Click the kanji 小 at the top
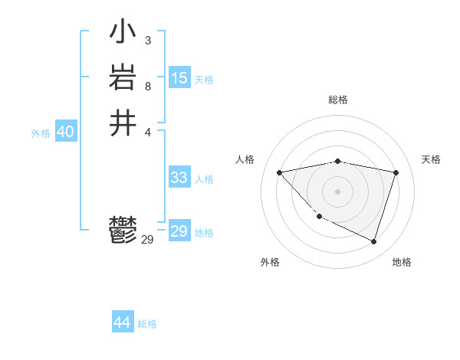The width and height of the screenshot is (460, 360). click(x=123, y=33)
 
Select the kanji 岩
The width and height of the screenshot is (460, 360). click(x=123, y=78)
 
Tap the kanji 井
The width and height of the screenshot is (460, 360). click(x=123, y=123)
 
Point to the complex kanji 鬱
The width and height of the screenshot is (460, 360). click(x=123, y=231)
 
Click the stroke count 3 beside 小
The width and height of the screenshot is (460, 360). click(x=147, y=41)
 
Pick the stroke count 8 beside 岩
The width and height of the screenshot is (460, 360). click(x=147, y=86)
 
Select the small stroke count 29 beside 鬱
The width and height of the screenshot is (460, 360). click(x=148, y=240)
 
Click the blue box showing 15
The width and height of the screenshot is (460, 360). click(x=179, y=78)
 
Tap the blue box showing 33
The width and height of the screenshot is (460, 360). click(x=179, y=178)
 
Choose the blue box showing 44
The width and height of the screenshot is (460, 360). click(x=123, y=322)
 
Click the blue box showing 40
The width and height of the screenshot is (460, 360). click(x=65, y=132)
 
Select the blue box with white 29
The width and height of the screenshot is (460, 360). click(x=179, y=231)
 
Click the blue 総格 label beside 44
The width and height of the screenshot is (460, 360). click(x=147, y=324)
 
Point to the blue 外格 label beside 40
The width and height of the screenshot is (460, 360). click(x=41, y=133)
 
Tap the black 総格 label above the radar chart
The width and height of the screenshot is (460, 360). click(x=338, y=100)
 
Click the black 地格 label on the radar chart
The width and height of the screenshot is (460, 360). click(x=402, y=263)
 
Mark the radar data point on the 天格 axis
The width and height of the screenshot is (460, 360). click(x=396, y=172)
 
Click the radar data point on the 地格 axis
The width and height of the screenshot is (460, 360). click(x=374, y=241)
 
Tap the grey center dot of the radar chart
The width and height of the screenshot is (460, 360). click(x=338, y=191)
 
